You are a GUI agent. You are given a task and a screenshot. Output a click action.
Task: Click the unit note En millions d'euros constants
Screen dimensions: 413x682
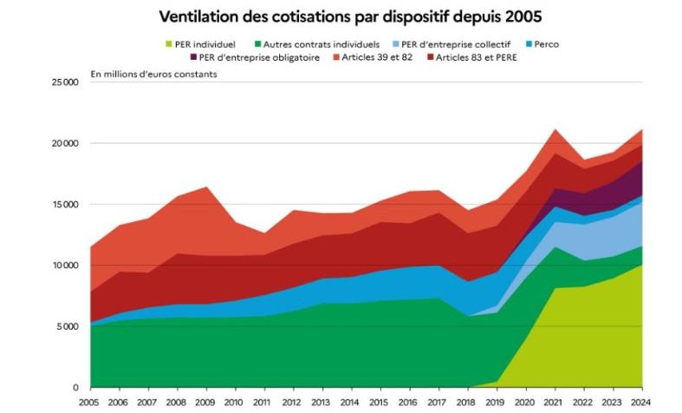(x=153, y=75)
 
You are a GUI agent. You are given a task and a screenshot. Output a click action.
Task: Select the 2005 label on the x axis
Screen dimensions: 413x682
(x=89, y=403)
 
